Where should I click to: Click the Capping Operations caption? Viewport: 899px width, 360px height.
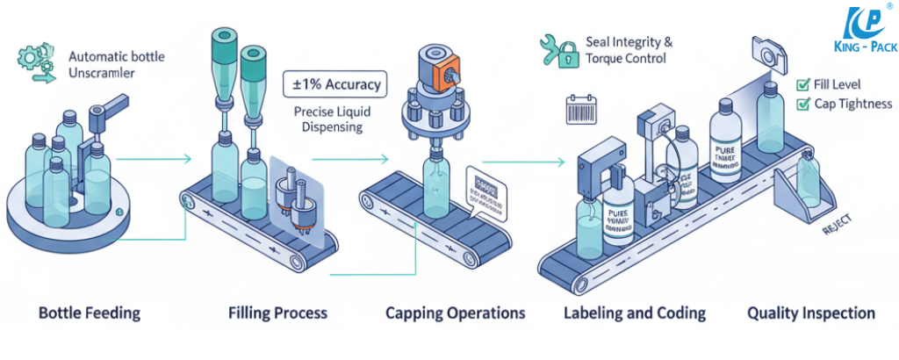coord(455,313)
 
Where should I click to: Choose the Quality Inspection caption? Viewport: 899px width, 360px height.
coord(810,313)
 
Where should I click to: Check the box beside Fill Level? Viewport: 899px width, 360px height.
coord(802,85)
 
